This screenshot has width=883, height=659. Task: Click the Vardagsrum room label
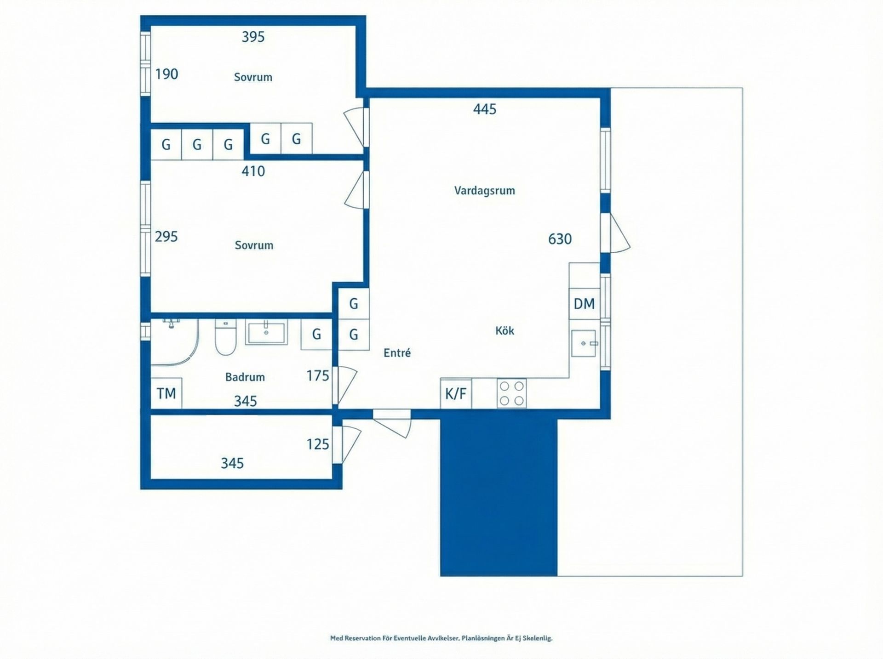pos(484,190)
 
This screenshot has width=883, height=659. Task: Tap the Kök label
pos(505,330)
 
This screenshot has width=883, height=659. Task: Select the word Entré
pos(397,353)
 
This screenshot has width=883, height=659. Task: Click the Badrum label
pos(245,377)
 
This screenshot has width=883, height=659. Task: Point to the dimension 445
pos(485,109)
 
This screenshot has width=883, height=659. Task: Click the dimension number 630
pos(560,239)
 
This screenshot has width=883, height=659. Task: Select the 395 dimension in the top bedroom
pos(253,37)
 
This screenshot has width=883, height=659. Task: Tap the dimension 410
pos(253,171)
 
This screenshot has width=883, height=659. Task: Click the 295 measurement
pos(166,237)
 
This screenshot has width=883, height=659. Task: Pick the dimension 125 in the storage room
pos(318,444)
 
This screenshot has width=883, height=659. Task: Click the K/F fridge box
pos(456,394)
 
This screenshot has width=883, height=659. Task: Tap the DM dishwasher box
pos(584,304)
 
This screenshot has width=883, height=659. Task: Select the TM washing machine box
pos(166,393)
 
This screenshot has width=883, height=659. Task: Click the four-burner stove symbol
pos(511,393)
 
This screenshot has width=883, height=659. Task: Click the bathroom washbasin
pos(266,333)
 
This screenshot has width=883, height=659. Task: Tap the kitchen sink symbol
pos(584,343)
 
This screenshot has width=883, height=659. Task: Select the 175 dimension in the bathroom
pos(318,376)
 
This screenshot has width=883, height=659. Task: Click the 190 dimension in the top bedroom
pos(166,74)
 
